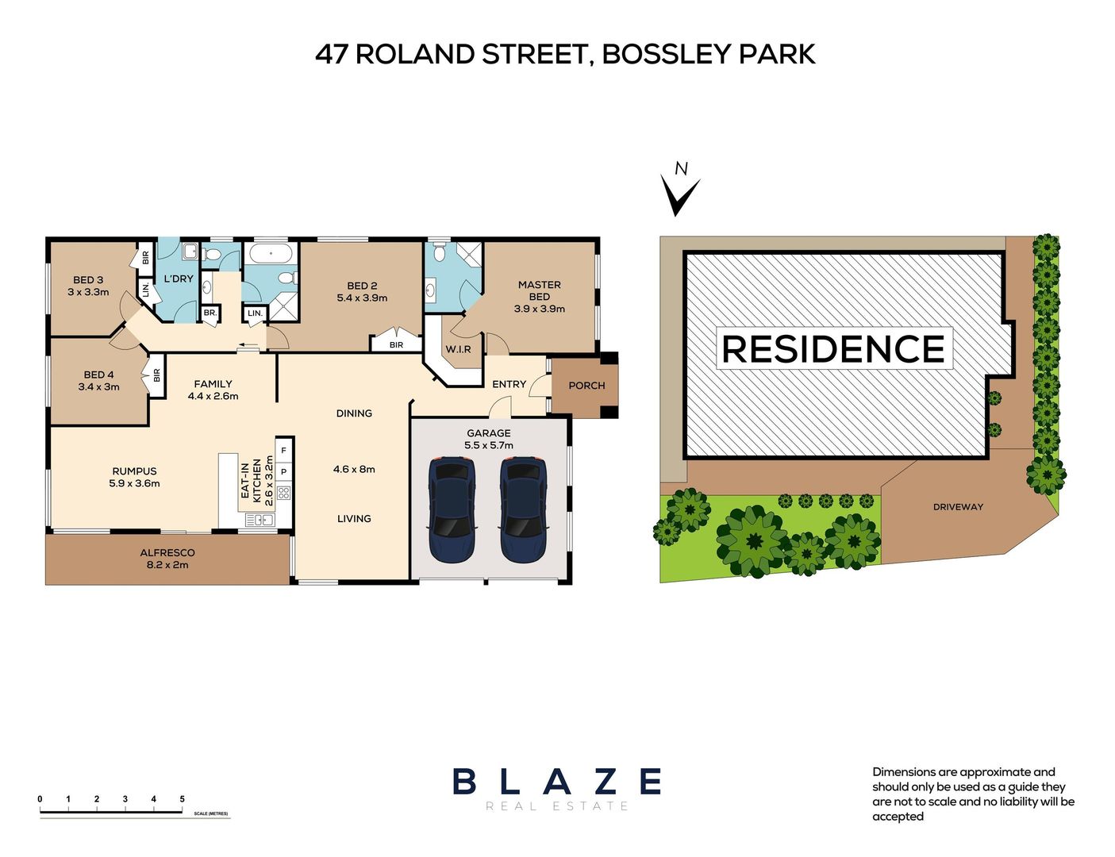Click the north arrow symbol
(680, 194)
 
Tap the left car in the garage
(452, 508)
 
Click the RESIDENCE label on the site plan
(833, 349)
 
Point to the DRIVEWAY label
(958, 507)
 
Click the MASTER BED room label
(539, 290)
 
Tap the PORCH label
(586, 386)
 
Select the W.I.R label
(458, 349)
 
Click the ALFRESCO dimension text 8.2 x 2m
(167, 565)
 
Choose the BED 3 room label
(88, 280)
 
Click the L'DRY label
(179, 279)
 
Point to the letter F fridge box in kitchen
(283, 451)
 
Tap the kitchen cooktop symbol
(283, 492)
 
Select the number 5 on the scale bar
(182, 799)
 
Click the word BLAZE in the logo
(556, 782)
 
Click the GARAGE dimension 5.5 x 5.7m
(488, 445)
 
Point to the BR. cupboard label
(210, 313)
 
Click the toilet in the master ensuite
(440, 253)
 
